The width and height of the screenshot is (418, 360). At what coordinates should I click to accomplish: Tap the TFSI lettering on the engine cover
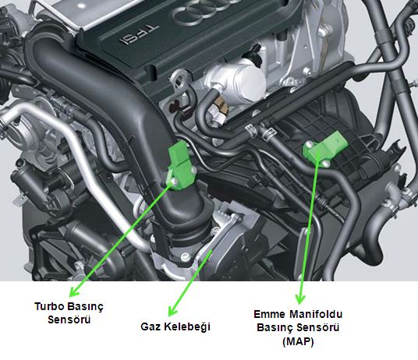[139, 34]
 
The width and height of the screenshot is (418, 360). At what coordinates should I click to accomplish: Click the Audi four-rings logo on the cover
[203, 12]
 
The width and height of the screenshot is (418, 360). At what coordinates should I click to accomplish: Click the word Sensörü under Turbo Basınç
[69, 319]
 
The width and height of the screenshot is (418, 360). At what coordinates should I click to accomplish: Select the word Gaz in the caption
[151, 326]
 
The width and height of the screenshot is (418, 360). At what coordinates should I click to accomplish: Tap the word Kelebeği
[187, 327]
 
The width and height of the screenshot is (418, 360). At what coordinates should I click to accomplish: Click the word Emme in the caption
[269, 314]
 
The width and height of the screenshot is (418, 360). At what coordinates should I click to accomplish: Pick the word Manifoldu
[316, 314]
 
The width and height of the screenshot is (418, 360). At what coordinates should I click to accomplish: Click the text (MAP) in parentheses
[298, 341]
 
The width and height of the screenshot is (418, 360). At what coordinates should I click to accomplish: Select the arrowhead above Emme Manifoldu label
[300, 298]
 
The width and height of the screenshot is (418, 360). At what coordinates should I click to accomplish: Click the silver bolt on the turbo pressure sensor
[174, 182]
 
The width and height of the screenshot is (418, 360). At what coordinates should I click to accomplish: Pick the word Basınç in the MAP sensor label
[277, 327]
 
